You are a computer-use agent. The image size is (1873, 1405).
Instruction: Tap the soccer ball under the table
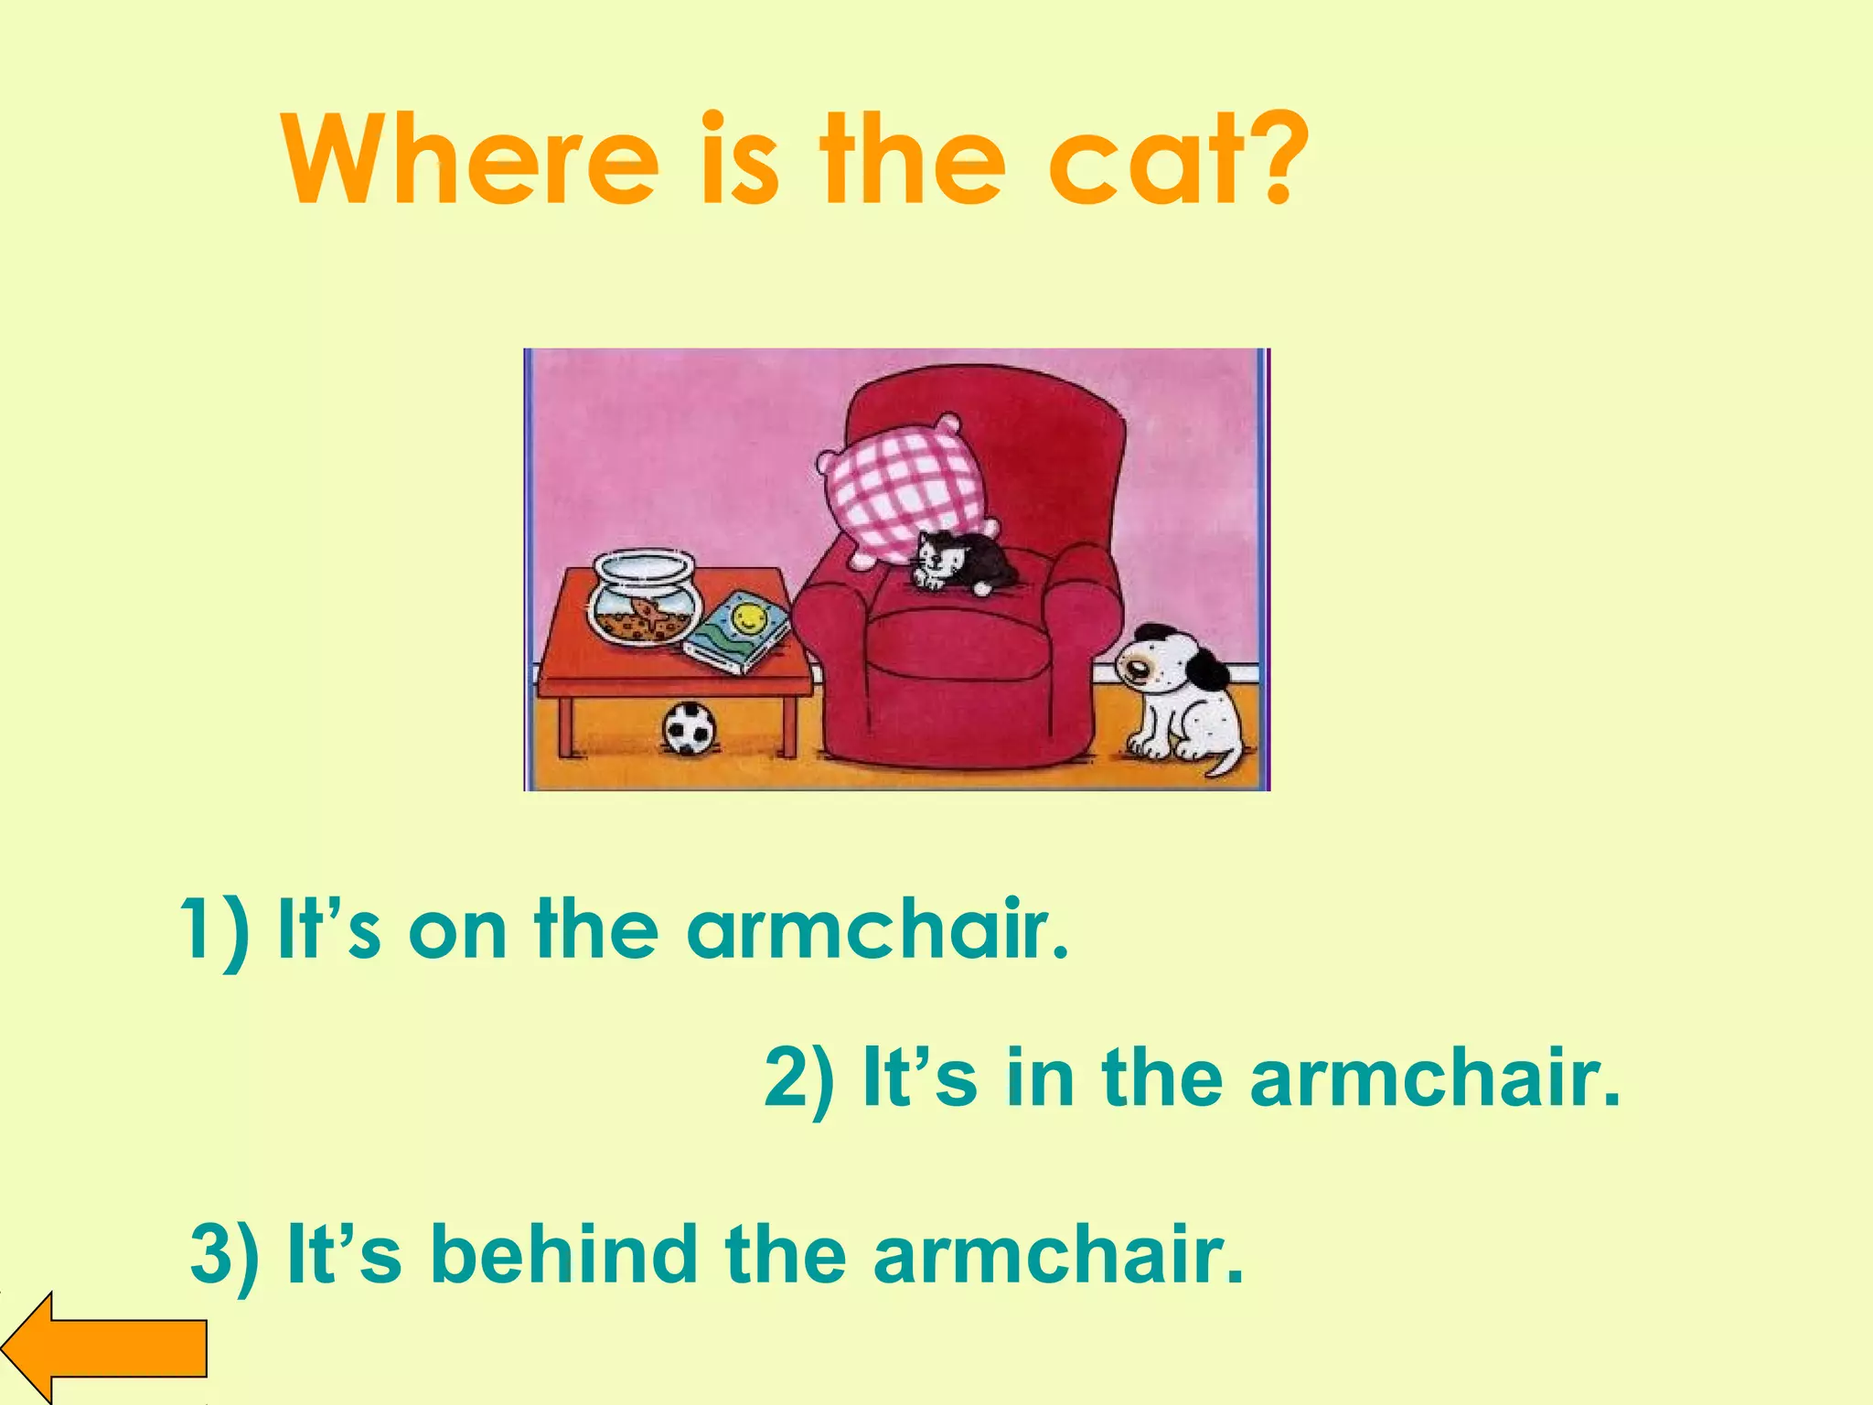[x=690, y=729]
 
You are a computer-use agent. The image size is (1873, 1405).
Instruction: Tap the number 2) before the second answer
[x=798, y=1078]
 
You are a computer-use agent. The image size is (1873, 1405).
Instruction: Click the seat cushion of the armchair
[x=957, y=645]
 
